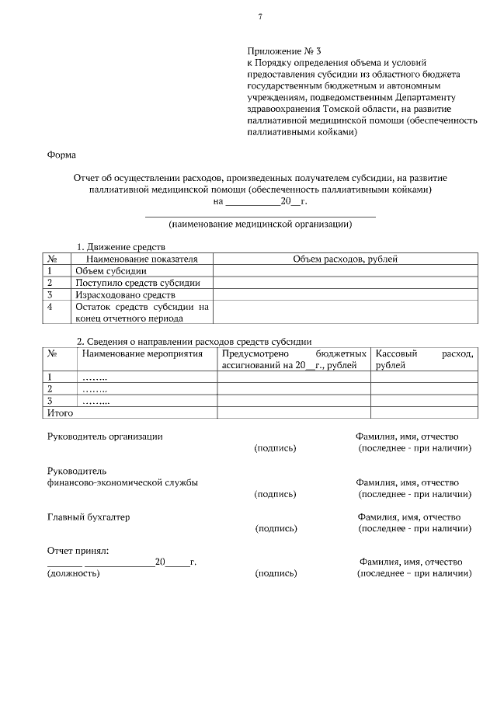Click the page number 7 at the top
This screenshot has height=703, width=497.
[260, 16]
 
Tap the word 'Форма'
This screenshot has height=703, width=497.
[61, 155]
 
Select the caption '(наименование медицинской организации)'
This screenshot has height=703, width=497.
[260, 224]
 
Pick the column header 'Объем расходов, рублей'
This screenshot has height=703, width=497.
[345, 259]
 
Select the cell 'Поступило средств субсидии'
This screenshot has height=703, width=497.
[137, 283]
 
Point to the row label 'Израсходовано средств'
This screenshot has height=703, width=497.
[125, 295]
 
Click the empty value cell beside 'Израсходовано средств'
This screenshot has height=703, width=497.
[345, 295]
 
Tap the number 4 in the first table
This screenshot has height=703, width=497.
[50, 307]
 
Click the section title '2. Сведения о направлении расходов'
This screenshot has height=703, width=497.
[193, 341]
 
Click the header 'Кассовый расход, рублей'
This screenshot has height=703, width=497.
[423, 359]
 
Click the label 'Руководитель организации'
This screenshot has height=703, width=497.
[105, 437]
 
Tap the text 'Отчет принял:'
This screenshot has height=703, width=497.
[78, 551]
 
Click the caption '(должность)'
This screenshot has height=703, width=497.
[74, 574]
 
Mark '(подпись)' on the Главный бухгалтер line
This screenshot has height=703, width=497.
[276, 529]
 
